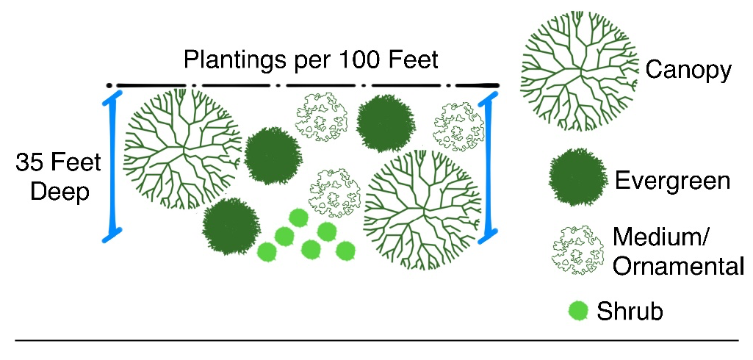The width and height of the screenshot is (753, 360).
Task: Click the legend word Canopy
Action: tap(688, 71)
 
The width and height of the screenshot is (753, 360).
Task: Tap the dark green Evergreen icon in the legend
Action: tap(577, 177)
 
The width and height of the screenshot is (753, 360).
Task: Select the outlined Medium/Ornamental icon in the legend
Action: tap(577, 250)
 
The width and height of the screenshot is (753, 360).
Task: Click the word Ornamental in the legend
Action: tap(678, 265)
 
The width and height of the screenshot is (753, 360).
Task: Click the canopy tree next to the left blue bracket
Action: tap(182, 150)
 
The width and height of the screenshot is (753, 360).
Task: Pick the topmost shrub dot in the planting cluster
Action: tap(298, 218)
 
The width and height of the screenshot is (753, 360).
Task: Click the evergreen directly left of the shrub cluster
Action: tap(230, 226)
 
